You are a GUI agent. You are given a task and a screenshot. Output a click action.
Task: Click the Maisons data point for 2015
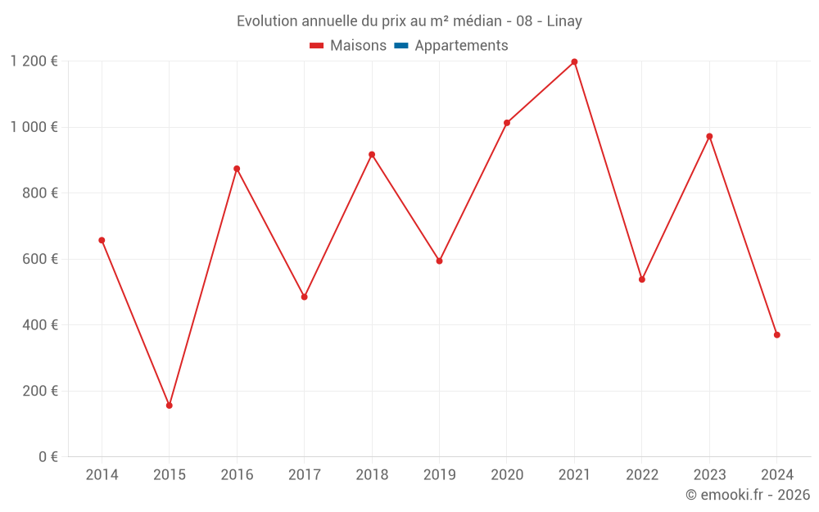click(x=170, y=406)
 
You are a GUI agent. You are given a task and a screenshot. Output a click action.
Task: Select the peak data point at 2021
click(x=574, y=62)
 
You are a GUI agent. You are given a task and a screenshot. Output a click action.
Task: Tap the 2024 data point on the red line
click(x=776, y=335)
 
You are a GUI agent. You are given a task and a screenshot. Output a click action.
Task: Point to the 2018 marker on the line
click(x=372, y=155)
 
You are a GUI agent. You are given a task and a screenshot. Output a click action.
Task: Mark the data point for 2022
click(x=642, y=279)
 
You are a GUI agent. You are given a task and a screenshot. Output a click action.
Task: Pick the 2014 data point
click(x=102, y=240)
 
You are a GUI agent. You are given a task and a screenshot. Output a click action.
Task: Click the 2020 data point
click(x=507, y=123)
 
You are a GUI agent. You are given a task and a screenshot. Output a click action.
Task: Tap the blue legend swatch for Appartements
click(x=401, y=46)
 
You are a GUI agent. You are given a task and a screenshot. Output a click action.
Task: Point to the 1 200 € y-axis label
click(x=34, y=61)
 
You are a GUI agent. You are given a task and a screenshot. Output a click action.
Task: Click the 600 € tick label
click(x=42, y=259)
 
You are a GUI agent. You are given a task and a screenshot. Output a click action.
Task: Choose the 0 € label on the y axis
click(x=48, y=457)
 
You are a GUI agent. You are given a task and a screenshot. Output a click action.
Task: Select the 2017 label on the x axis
click(x=304, y=475)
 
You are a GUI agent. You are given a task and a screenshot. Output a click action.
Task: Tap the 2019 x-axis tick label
click(x=439, y=475)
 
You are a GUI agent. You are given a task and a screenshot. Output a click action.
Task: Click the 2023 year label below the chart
click(x=709, y=475)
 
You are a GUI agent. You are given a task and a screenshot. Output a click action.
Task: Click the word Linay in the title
click(x=564, y=21)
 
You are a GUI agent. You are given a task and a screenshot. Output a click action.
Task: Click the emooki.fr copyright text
click(x=748, y=495)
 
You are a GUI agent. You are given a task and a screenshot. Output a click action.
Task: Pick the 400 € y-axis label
click(x=42, y=325)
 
